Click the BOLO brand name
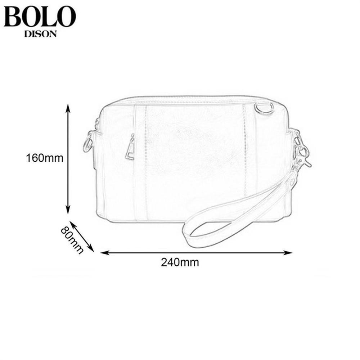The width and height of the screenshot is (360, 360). coord(40,17)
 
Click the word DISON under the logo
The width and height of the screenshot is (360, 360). coord(40,34)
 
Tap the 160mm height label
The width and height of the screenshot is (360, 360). coord(45,158)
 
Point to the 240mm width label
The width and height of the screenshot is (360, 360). coord(180,262)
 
